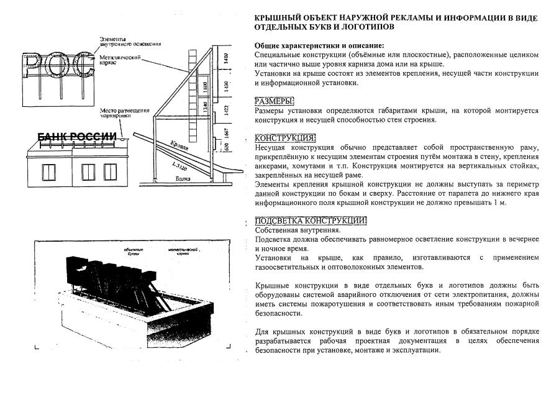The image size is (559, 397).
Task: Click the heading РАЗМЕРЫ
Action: pyautogui.click(x=275, y=101)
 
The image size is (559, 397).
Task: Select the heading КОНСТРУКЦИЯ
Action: pyautogui.click(x=286, y=138)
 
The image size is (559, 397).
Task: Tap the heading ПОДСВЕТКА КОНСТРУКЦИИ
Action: pyautogui.click(x=311, y=221)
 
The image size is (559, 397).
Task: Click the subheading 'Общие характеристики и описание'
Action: pyautogui.click(x=319, y=46)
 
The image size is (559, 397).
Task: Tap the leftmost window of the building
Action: pyautogui.click(x=47, y=170)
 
